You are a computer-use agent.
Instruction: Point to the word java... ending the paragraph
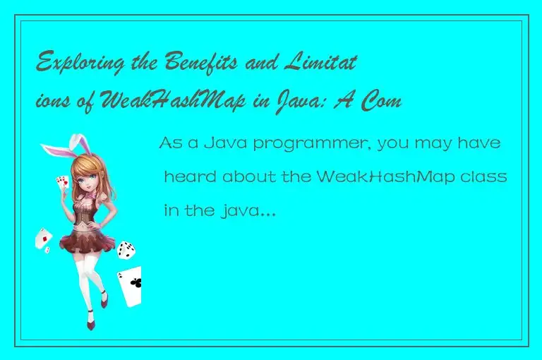coord(248,209)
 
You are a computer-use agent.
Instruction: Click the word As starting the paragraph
coord(169,145)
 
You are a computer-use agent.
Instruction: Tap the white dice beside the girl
coord(126,248)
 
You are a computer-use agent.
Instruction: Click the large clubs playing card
coord(131,285)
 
